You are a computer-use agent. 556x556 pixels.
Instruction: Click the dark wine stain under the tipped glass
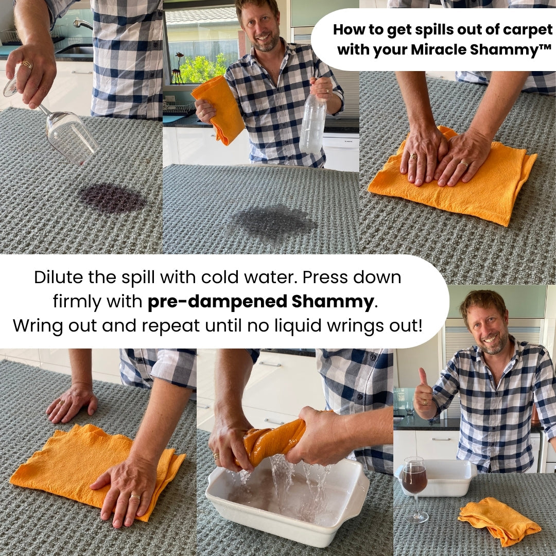(x=112, y=198)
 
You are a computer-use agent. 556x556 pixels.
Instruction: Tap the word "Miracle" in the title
(x=438, y=49)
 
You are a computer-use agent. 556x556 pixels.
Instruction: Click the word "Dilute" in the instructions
(x=59, y=277)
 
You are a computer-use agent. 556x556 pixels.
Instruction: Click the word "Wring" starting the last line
(x=38, y=325)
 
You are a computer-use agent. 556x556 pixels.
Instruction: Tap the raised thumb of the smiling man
(x=423, y=377)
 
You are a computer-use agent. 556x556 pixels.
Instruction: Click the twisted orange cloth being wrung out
(x=272, y=440)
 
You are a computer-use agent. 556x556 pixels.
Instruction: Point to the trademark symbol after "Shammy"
(x=545, y=47)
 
